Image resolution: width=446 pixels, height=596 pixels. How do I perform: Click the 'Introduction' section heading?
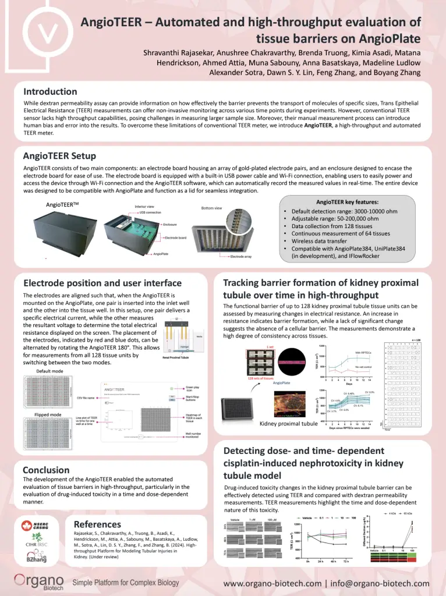point(50,91)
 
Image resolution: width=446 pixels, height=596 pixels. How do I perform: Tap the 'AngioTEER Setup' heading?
point(59,156)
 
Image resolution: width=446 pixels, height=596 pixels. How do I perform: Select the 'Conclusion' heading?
point(46,470)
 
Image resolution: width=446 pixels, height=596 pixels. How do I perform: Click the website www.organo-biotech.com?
point(272,583)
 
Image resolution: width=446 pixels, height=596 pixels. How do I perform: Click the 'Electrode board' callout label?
point(175,237)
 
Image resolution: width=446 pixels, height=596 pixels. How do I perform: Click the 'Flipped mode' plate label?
point(48,414)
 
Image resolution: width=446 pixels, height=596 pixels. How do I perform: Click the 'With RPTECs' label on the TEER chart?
point(365,353)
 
